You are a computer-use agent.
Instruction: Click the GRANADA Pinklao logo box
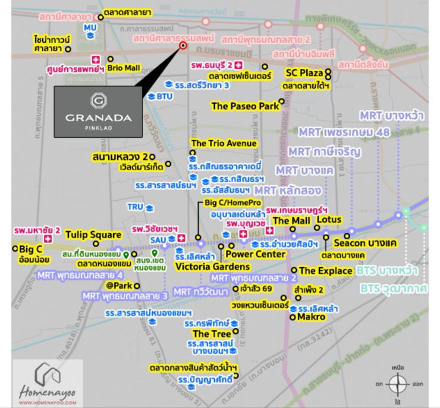99,111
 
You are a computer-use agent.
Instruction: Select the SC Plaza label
304,72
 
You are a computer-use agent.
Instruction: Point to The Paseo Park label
245,106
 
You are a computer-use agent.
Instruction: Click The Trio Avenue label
224,143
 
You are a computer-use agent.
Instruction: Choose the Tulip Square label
93,234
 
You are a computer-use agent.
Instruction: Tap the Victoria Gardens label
205,267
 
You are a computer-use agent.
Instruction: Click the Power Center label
254,254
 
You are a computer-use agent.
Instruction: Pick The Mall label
291,221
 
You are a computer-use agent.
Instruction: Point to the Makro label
312,317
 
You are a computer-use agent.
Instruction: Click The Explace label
325,271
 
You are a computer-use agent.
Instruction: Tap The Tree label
212,334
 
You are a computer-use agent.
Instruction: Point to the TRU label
136,207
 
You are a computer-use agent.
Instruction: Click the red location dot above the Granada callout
183,45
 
